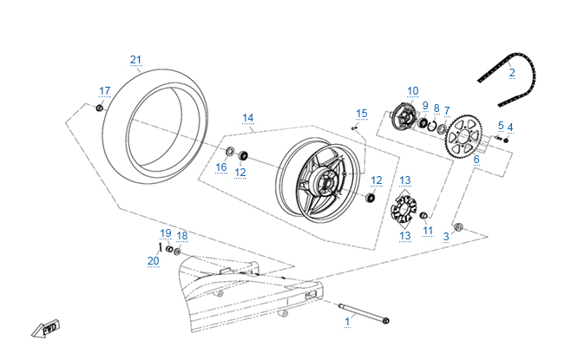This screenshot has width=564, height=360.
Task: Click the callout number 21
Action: (135, 59)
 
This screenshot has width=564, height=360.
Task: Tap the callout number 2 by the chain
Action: (512, 73)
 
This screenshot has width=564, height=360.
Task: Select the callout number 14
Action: (247, 117)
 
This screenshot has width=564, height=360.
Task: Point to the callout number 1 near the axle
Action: (348, 321)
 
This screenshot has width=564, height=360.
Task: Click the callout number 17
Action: (105, 91)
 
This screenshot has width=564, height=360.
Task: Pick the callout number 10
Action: (413, 90)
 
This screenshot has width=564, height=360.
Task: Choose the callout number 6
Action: (476, 160)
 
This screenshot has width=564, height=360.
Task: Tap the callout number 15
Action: (362, 114)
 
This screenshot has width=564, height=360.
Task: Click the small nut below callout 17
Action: (101, 107)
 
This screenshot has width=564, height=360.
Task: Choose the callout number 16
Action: (220, 167)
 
